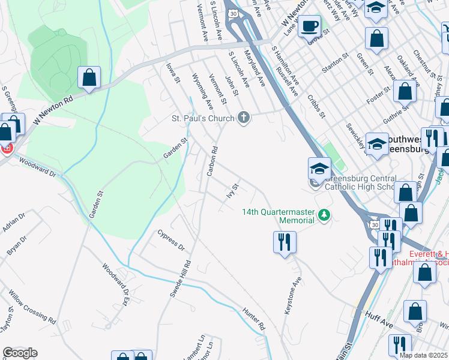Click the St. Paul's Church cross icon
[x=243, y=117]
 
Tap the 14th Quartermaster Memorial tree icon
[x=324, y=214]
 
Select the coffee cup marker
[x=309, y=26]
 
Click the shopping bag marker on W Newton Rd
[x=89, y=77]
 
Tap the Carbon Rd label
[x=211, y=161]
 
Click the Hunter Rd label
[x=254, y=319]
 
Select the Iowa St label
[x=173, y=75]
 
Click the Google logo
[x=20, y=353]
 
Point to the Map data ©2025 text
[x=423, y=355]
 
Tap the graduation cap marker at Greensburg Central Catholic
[x=319, y=168]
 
